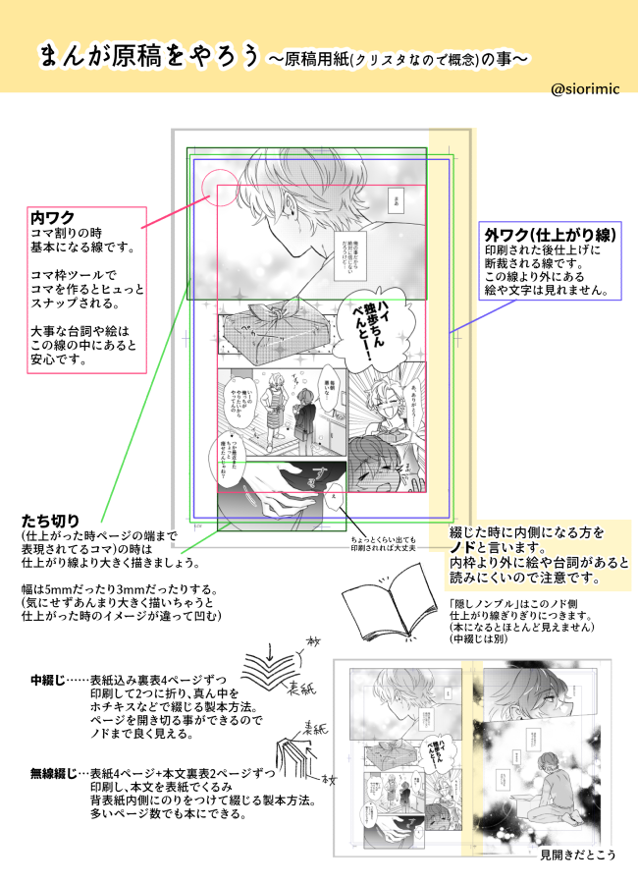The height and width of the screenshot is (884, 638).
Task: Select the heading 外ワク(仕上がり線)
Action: [x=550, y=236]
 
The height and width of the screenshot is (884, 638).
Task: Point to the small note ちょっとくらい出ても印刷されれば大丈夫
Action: [x=383, y=543]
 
